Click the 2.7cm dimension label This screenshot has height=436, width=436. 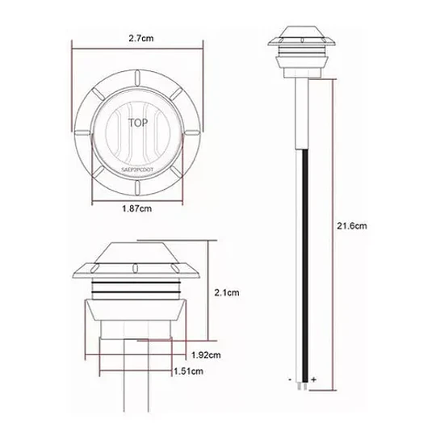coord(141,38)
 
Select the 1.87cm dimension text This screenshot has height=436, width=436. coord(137,208)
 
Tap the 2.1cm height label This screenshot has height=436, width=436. coord(227,292)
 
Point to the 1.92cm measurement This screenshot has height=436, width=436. coord(206,354)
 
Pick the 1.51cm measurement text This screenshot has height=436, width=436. coord(188,371)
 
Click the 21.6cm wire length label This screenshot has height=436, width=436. coord(352,225)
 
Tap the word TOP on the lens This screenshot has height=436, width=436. coord(138,123)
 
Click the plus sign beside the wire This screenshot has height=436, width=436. coord(313,379)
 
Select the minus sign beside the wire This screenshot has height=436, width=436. coord(290,379)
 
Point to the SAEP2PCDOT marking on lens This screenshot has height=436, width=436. coord(137,169)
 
